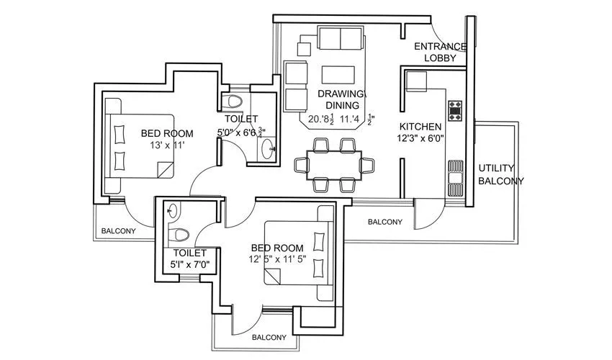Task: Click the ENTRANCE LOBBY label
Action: pyautogui.click(x=440, y=53)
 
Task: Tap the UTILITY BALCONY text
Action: pyautogui.click(x=501, y=175)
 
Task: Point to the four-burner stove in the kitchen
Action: pyautogui.click(x=456, y=110)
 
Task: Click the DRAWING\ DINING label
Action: pyautogui.click(x=342, y=99)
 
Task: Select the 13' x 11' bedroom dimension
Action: pyautogui.click(x=166, y=145)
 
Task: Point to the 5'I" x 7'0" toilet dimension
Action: pyautogui.click(x=189, y=264)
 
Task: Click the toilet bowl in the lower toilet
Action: pyautogui.click(x=177, y=235)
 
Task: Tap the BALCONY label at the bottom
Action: pyautogui.click(x=269, y=337)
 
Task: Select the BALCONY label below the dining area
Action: pyautogui.click(x=385, y=222)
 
